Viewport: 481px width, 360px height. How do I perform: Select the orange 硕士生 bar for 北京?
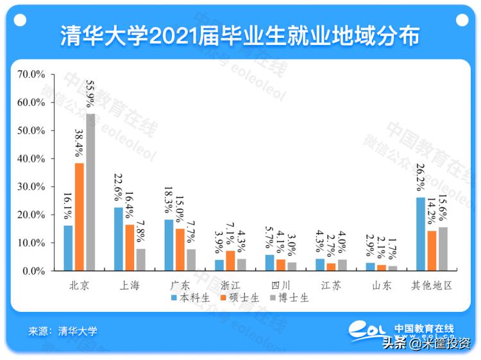[x=80, y=217]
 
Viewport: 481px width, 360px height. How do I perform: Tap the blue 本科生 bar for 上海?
[x=119, y=239]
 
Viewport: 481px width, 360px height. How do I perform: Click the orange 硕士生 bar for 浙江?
[x=230, y=261]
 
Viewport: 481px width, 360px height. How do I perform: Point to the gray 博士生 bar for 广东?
[x=191, y=260]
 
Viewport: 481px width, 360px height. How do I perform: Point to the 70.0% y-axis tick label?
[x=31, y=74]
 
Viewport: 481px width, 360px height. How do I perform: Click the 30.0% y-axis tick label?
[x=31, y=187]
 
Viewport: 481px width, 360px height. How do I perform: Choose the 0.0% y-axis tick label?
[x=34, y=271]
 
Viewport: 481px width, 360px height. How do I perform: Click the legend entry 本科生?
[x=192, y=298]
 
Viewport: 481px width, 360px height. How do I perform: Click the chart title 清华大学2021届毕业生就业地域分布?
[x=240, y=36]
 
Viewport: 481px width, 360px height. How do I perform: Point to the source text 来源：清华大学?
[x=63, y=332]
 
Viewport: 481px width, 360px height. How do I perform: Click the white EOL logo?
[x=369, y=330]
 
